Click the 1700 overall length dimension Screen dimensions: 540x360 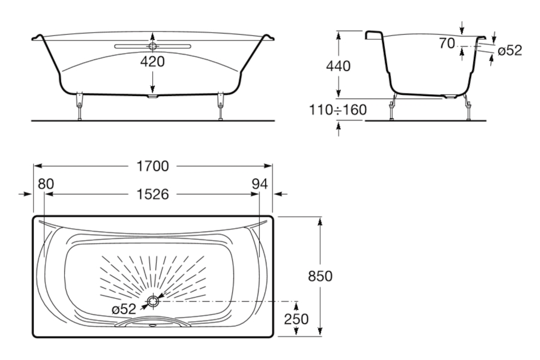pos(153,166)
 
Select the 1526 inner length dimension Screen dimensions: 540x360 pos(153,194)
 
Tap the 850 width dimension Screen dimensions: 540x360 pos(320,276)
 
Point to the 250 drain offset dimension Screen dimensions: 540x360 pos(296,319)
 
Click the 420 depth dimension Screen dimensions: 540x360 pos(152,62)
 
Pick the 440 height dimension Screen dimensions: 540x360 pos(338,66)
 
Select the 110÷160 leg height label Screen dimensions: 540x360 pos(338,110)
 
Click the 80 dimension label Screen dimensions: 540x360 pos(46,184)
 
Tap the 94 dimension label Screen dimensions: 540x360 pos(260,184)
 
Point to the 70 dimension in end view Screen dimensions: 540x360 pos(446,44)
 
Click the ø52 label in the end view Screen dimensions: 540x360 pos(510,50)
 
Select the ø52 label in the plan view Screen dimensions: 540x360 pos(124,309)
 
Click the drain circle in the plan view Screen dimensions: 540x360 pos(153,301)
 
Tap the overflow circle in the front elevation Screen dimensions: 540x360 pos(152,47)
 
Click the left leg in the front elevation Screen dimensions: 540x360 pos(80,106)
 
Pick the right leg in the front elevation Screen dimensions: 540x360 pos(220,106)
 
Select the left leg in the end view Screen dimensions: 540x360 pos(392,106)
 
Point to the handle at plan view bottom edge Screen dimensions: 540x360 pos(152,322)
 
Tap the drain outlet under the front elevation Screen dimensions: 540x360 pos(152,97)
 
